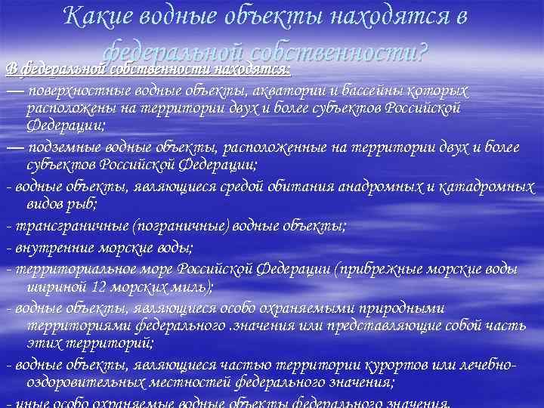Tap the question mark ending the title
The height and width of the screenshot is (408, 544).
click(422, 52)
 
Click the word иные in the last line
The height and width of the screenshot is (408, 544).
click(27, 403)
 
